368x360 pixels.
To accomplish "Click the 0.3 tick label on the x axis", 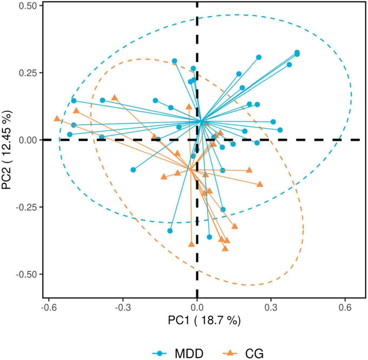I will point(271,308).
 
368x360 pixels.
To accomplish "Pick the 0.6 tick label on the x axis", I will point(345,308).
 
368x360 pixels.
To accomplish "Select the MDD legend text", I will point(189,353).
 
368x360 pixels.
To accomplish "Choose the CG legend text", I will point(254,353).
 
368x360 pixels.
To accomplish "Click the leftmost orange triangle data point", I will point(57,119).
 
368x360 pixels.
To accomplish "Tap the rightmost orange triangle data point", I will point(260,184).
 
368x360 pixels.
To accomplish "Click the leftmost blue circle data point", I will point(70,135).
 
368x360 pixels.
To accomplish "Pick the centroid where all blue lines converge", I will point(201,122).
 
